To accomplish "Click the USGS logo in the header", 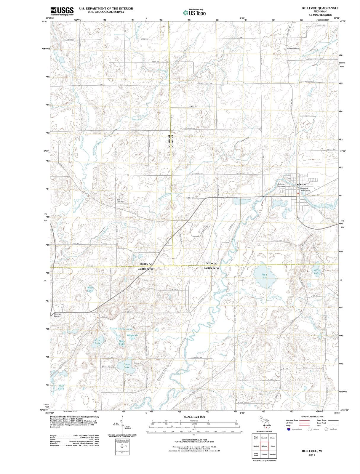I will (62, 11).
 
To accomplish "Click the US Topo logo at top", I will (194, 12).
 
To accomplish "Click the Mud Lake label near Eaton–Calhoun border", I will (264, 276).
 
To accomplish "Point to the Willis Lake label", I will (317, 271).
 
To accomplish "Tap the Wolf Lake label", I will (90, 289).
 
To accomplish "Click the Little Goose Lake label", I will (121, 329).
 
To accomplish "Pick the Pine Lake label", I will (98, 342).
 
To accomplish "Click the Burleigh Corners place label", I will (57, 315).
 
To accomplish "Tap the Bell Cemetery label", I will (120, 201).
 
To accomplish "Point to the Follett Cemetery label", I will (293, 49).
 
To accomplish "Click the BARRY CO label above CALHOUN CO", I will (146, 264).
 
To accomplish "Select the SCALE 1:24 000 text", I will (194, 417).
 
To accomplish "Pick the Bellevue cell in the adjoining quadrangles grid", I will (264, 446).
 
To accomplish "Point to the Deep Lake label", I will (122, 343).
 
